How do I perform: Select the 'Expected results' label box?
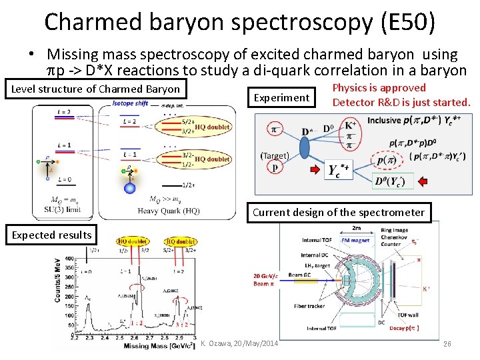coord(52,235)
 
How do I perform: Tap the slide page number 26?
coord(447,344)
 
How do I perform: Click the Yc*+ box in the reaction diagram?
coord(339,170)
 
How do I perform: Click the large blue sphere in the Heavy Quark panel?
coord(130,188)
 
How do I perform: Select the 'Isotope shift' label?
coord(130,104)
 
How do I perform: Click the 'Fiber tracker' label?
coord(307,305)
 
